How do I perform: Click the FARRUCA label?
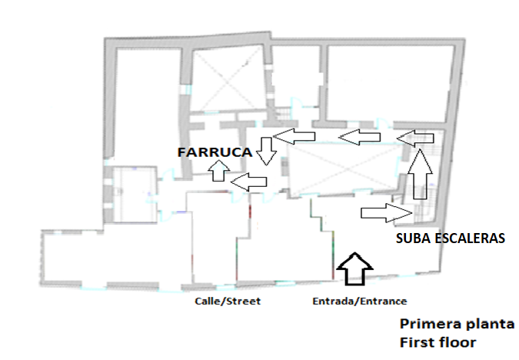pyautogui.click(x=215, y=152)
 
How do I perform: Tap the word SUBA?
pyautogui.click(x=413, y=238)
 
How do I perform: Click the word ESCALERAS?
pyautogui.click(x=468, y=238)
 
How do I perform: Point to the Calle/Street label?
pyautogui.click(x=228, y=301)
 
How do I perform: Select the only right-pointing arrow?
pyautogui.click(x=382, y=212)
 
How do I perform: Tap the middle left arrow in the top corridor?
pyautogui.click(x=360, y=138)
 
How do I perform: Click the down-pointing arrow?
pyautogui.click(x=266, y=150)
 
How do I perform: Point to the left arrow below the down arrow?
pyautogui.click(x=248, y=182)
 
